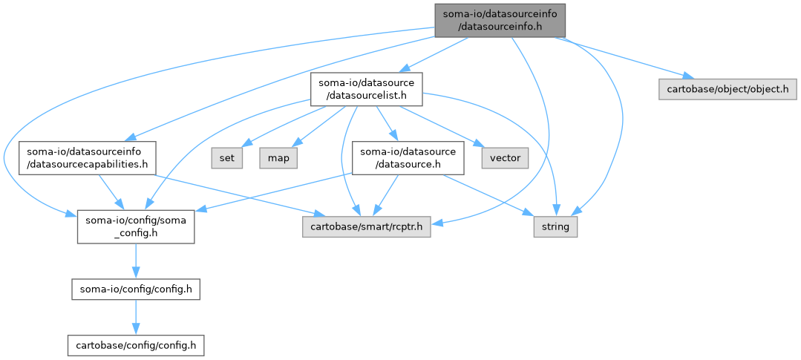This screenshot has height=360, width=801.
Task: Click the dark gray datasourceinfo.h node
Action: [500, 19]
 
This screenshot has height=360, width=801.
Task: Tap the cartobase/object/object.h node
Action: [728, 88]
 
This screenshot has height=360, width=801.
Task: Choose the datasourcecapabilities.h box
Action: [87, 157]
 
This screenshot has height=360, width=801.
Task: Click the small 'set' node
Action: [228, 157]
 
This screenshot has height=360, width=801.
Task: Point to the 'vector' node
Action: [505, 157]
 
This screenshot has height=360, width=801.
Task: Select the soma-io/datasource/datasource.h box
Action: [408, 157]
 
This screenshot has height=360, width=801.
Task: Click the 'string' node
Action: [555, 226]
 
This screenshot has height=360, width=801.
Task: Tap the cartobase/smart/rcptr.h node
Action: [367, 226]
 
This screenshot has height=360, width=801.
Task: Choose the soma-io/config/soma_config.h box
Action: [135, 226]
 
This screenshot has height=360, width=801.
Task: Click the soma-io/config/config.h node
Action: [135, 289]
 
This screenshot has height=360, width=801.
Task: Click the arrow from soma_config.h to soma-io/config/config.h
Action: [135, 261]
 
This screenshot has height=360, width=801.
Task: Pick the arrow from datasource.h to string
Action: [490, 194]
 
